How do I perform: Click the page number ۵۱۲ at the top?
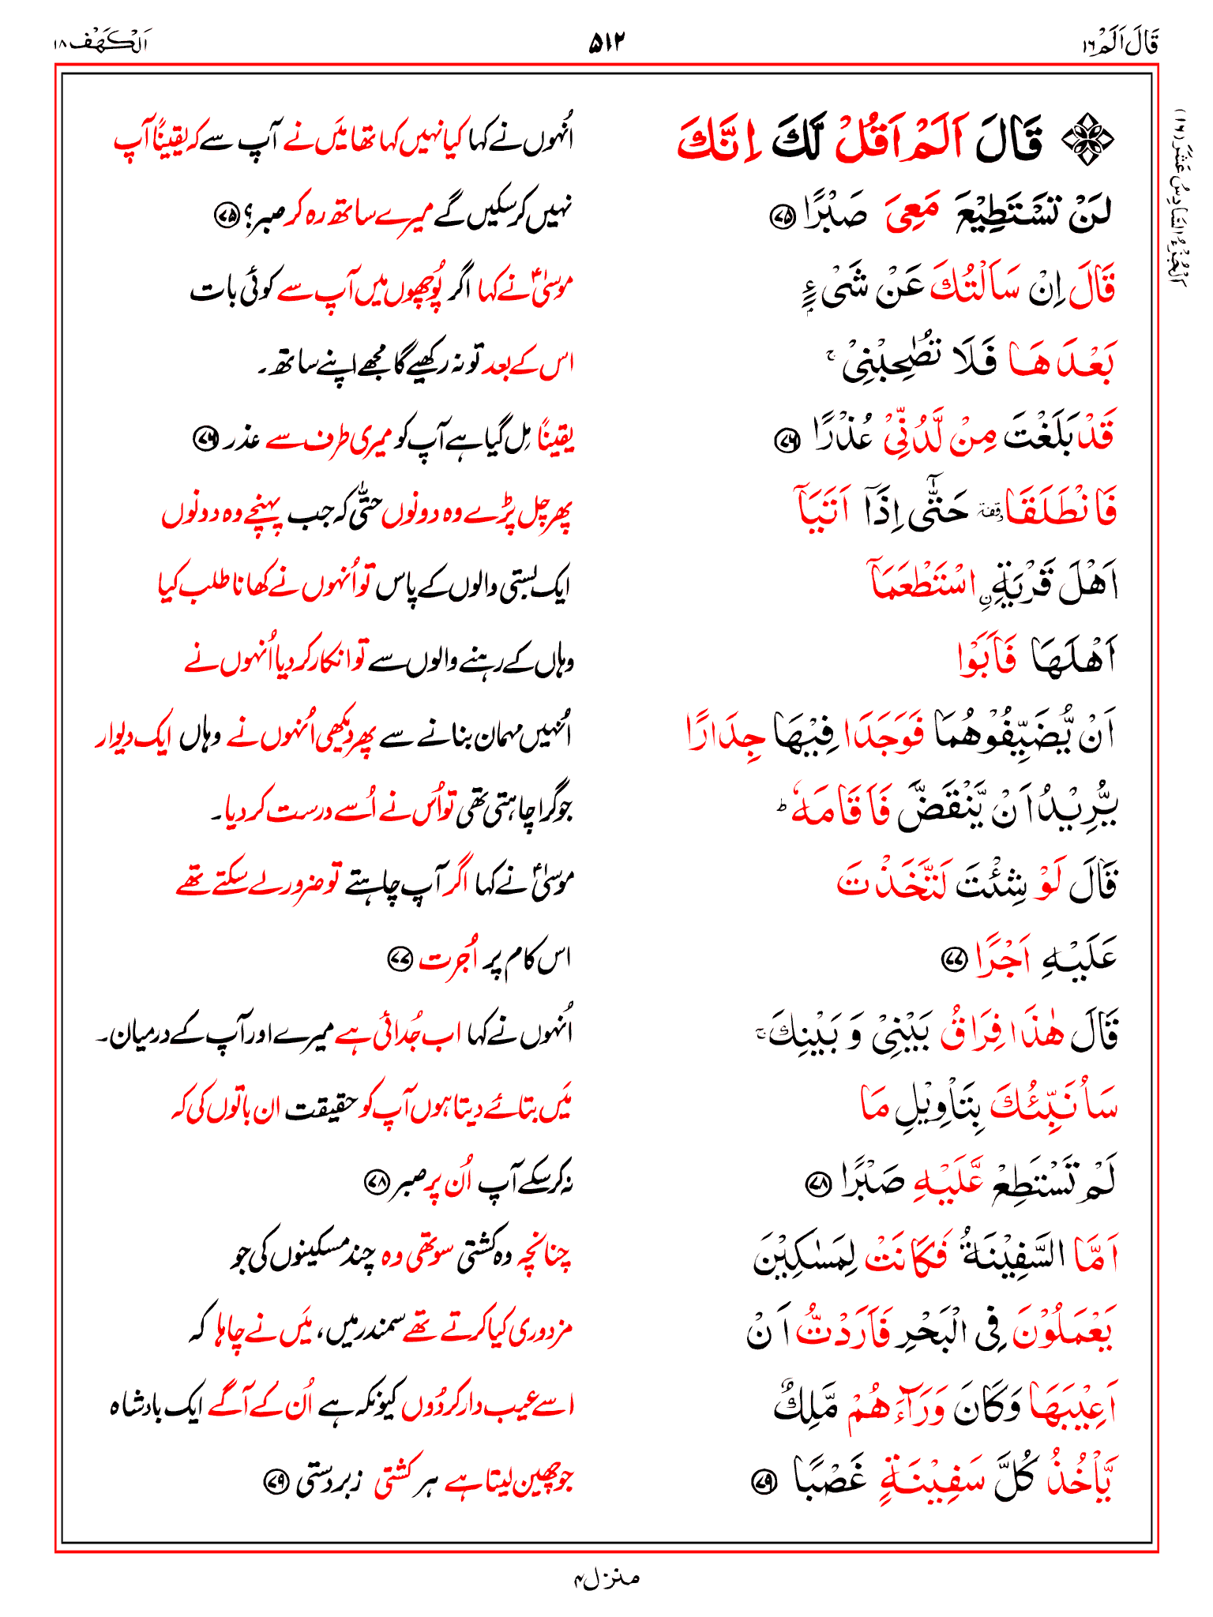pyautogui.click(x=606, y=43)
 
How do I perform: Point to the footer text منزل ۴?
pyautogui.click(x=606, y=1578)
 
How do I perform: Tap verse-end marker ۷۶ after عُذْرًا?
pyautogui.click(x=785, y=440)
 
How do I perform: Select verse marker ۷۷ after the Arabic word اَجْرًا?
pyautogui.click(x=953, y=960)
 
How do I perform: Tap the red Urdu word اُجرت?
pyautogui.click(x=446, y=960)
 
